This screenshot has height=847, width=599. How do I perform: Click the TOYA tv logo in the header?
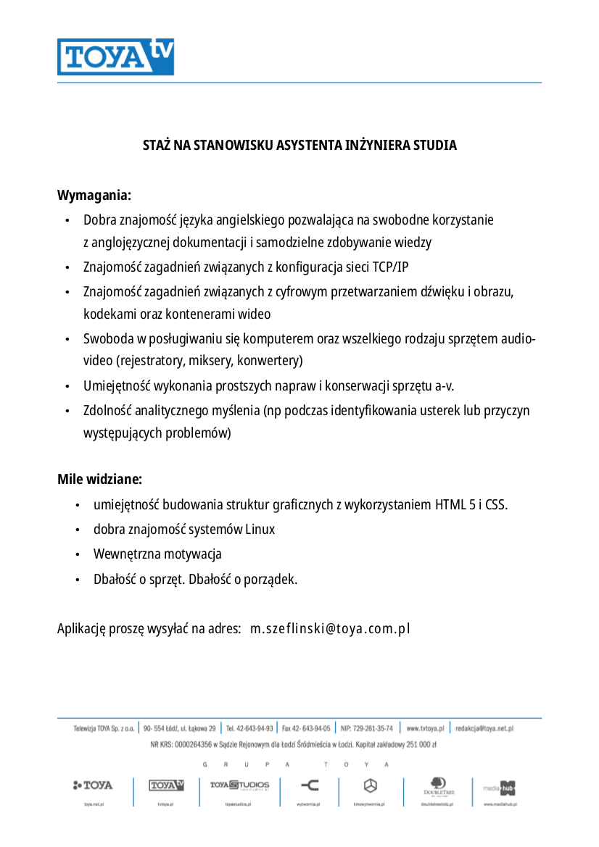click(x=115, y=57)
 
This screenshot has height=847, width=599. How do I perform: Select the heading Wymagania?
click(x=94, y=196)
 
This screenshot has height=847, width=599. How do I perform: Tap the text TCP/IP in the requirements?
click(x=390, y=267)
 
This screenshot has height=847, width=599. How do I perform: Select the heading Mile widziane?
click(x=99, y=480)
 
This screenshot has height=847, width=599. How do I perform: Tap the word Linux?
click(x=260, y=530)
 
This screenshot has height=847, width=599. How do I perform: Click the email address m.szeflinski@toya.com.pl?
click(x=330, y=628)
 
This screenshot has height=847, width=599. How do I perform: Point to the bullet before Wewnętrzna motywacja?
click(x=77, y=555)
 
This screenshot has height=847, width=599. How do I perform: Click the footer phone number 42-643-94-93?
click(x=255, y=728)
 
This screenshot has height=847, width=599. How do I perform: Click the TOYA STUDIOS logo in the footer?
click(x=239, y=785)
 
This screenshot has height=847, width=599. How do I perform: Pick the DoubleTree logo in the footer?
click(x=439, y=786)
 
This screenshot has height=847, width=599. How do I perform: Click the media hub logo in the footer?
click(x=500, y=787)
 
